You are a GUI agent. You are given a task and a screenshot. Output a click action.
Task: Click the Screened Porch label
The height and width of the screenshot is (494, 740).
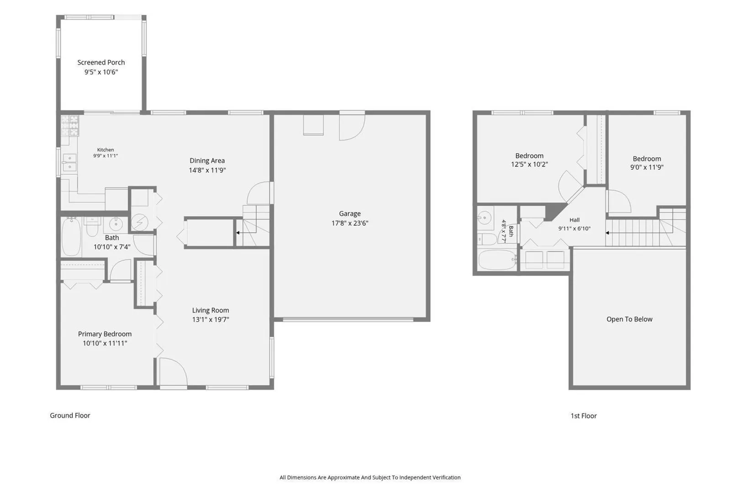point(101,62)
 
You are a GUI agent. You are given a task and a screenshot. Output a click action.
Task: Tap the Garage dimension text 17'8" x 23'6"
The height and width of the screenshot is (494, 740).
point(349,223)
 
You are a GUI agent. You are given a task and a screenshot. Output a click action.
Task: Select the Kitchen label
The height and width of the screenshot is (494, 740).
point(106,150)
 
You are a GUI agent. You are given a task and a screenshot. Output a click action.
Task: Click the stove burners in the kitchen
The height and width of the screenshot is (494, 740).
point(70,126)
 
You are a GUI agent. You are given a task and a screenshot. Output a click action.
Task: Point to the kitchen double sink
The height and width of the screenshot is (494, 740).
point(69,162)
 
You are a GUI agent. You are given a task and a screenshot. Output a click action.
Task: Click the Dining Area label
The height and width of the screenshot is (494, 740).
point(207,161)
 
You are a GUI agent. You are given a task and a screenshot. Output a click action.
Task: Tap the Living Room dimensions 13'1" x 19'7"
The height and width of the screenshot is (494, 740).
point(211,319)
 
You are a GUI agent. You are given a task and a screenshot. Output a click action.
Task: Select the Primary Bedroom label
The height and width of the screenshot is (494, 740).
point(105,334)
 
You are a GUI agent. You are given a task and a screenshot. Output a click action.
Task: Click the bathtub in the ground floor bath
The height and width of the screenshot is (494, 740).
point(71,236)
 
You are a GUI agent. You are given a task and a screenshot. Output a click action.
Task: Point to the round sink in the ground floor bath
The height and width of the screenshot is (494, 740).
point(116,225)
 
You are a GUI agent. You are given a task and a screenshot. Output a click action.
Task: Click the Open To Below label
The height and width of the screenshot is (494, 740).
point(629,319)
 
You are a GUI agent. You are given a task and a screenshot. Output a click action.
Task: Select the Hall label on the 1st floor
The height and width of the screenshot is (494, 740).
point(575,220)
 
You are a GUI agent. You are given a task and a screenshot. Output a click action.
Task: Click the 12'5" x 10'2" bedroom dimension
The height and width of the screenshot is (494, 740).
point(529,165)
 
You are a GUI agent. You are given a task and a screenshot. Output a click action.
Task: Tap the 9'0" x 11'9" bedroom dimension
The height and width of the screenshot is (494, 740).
point(646,167)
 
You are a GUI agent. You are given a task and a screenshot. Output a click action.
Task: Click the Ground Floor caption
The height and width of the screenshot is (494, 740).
point(70,415)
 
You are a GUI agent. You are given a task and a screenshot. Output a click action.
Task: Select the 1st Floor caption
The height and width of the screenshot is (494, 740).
point(583,416)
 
